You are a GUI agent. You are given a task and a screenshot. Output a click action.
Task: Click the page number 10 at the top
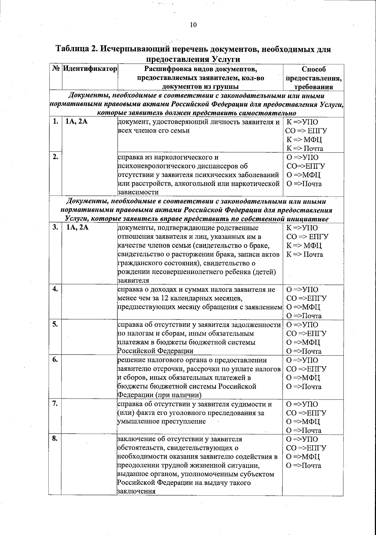193,25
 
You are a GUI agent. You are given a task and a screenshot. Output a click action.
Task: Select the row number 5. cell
55,325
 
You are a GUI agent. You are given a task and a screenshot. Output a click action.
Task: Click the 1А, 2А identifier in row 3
77,228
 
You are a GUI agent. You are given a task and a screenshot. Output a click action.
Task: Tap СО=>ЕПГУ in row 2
305,166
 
